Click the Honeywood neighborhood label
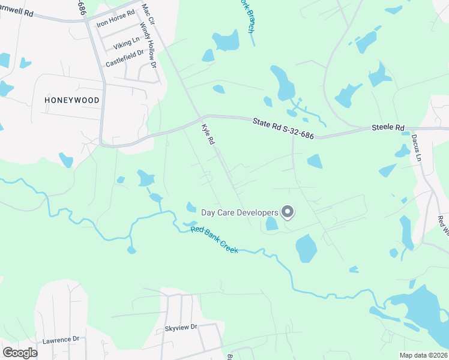pyautogui.click(x=71, y=101)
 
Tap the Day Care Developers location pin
pyautogui.click(x=288, y=211)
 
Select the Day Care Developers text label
pyautogui.click(x=239, y=212)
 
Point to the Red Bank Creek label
pyautogui.click(x=214, y=239)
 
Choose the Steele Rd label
pyautogui.click(x=388, y=127)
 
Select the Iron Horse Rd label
pyautogui.click(x=116, y=24)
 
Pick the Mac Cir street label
pyautogui.click(x=148, y=13)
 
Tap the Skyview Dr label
pyautogui.click(x=181, y=328)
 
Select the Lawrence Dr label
pyautogui.click(x=61, y=340)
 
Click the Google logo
pyautogui.click(x=20, y=353)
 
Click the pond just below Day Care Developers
pyautogui.click(x=271, y=223)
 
